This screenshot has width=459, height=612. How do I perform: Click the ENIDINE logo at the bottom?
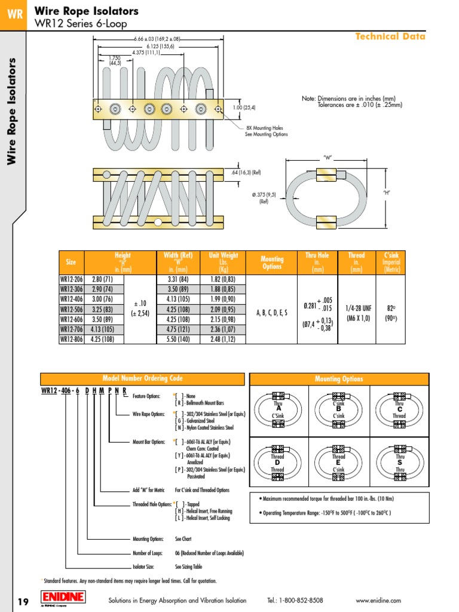click(x=63, y=597)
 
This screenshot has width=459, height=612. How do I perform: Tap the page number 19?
click(x=23, y=601)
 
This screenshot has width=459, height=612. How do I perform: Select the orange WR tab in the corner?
click(x=13, y=14)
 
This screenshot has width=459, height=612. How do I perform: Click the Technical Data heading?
click(x=390, y=36)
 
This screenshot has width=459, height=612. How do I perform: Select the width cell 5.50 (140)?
click(x=175, y=339)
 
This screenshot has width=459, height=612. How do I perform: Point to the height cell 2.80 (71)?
click(x=105, y=279)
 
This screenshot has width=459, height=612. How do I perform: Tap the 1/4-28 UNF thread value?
click(x=356, y=308)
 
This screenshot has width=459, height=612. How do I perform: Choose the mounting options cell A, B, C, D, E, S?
click(x=272, y=312)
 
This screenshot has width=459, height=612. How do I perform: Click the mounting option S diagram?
click(x=399, y=460)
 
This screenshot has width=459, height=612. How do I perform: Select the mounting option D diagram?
click(x=278, y=460)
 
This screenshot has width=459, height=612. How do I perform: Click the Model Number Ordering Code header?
click(x=142, y=379)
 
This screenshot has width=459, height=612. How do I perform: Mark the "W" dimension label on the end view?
click(x=327, y=157)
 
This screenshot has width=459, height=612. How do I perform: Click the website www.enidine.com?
click(x=378, y=601)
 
